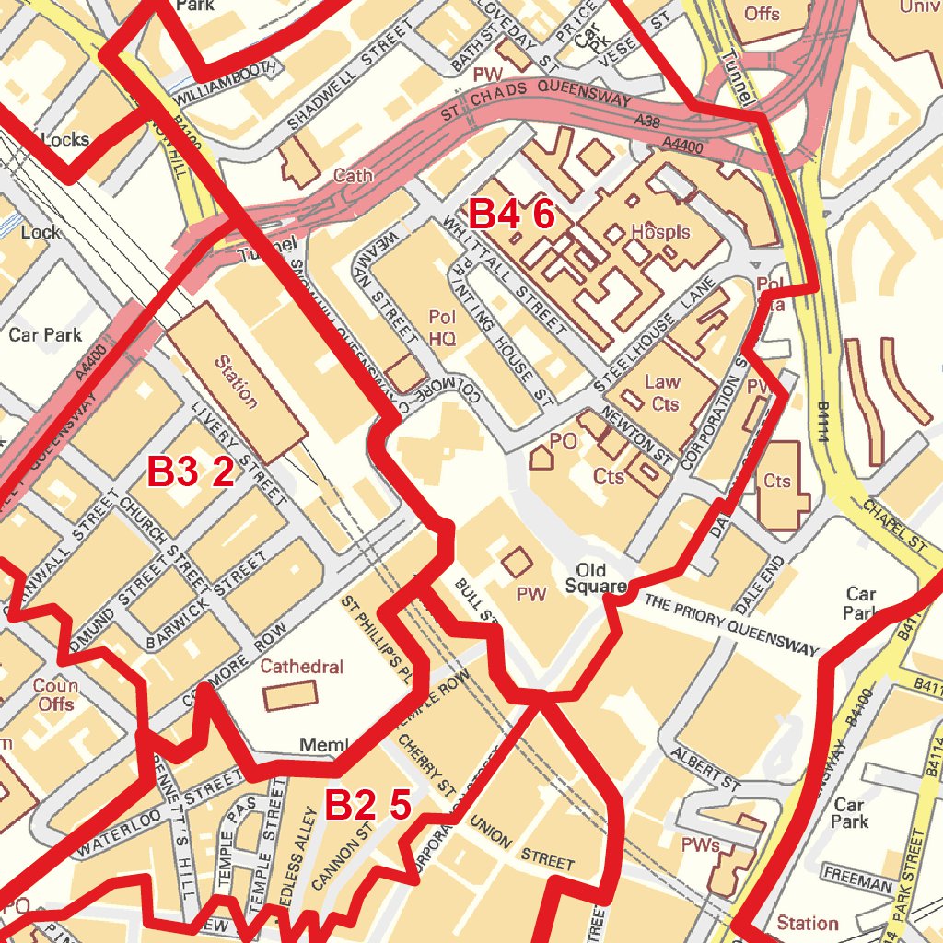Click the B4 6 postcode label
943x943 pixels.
click(x=512, y=214)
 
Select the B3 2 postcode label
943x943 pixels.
click(x=191, y=472)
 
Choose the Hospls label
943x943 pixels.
click(x=660, y=232)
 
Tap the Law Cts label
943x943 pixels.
click(x=663, y=392)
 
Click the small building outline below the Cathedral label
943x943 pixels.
click(x=291, y=695)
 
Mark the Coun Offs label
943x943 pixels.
click(x=55, y=694)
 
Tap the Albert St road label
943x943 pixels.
click(x=706, y=769)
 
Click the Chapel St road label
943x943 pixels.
click(x=894, y=525)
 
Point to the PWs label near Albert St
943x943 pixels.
click(x=700, y=844)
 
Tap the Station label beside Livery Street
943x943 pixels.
click(x=236, y=381)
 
